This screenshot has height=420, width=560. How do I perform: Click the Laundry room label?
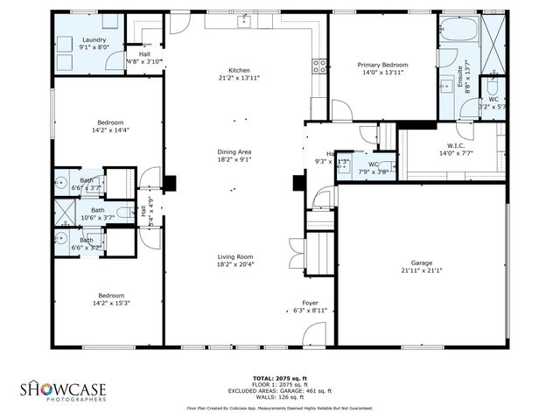pyautogui.click(x=94, y=40)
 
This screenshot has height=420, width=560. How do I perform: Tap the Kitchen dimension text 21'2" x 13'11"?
pyautogui.click(x=239, y=78)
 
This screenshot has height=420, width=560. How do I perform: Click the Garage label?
pyautogui.click(x=422, y=262)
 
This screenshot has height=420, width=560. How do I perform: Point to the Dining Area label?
pyautogui.click(x=234, y=152)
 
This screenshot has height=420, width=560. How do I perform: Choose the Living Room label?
pyautogui.click(x=234, y=256)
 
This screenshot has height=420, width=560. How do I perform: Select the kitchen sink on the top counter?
pyautogui.click(x=244, y=20)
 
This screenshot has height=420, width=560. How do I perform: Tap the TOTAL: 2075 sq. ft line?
pyautogui.click(x=279, y=377)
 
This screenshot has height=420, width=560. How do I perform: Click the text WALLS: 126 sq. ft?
pyautogui.click(x=279, y=395)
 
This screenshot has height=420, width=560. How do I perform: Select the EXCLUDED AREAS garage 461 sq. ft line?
pyautogui.click(x=279, y=389)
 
